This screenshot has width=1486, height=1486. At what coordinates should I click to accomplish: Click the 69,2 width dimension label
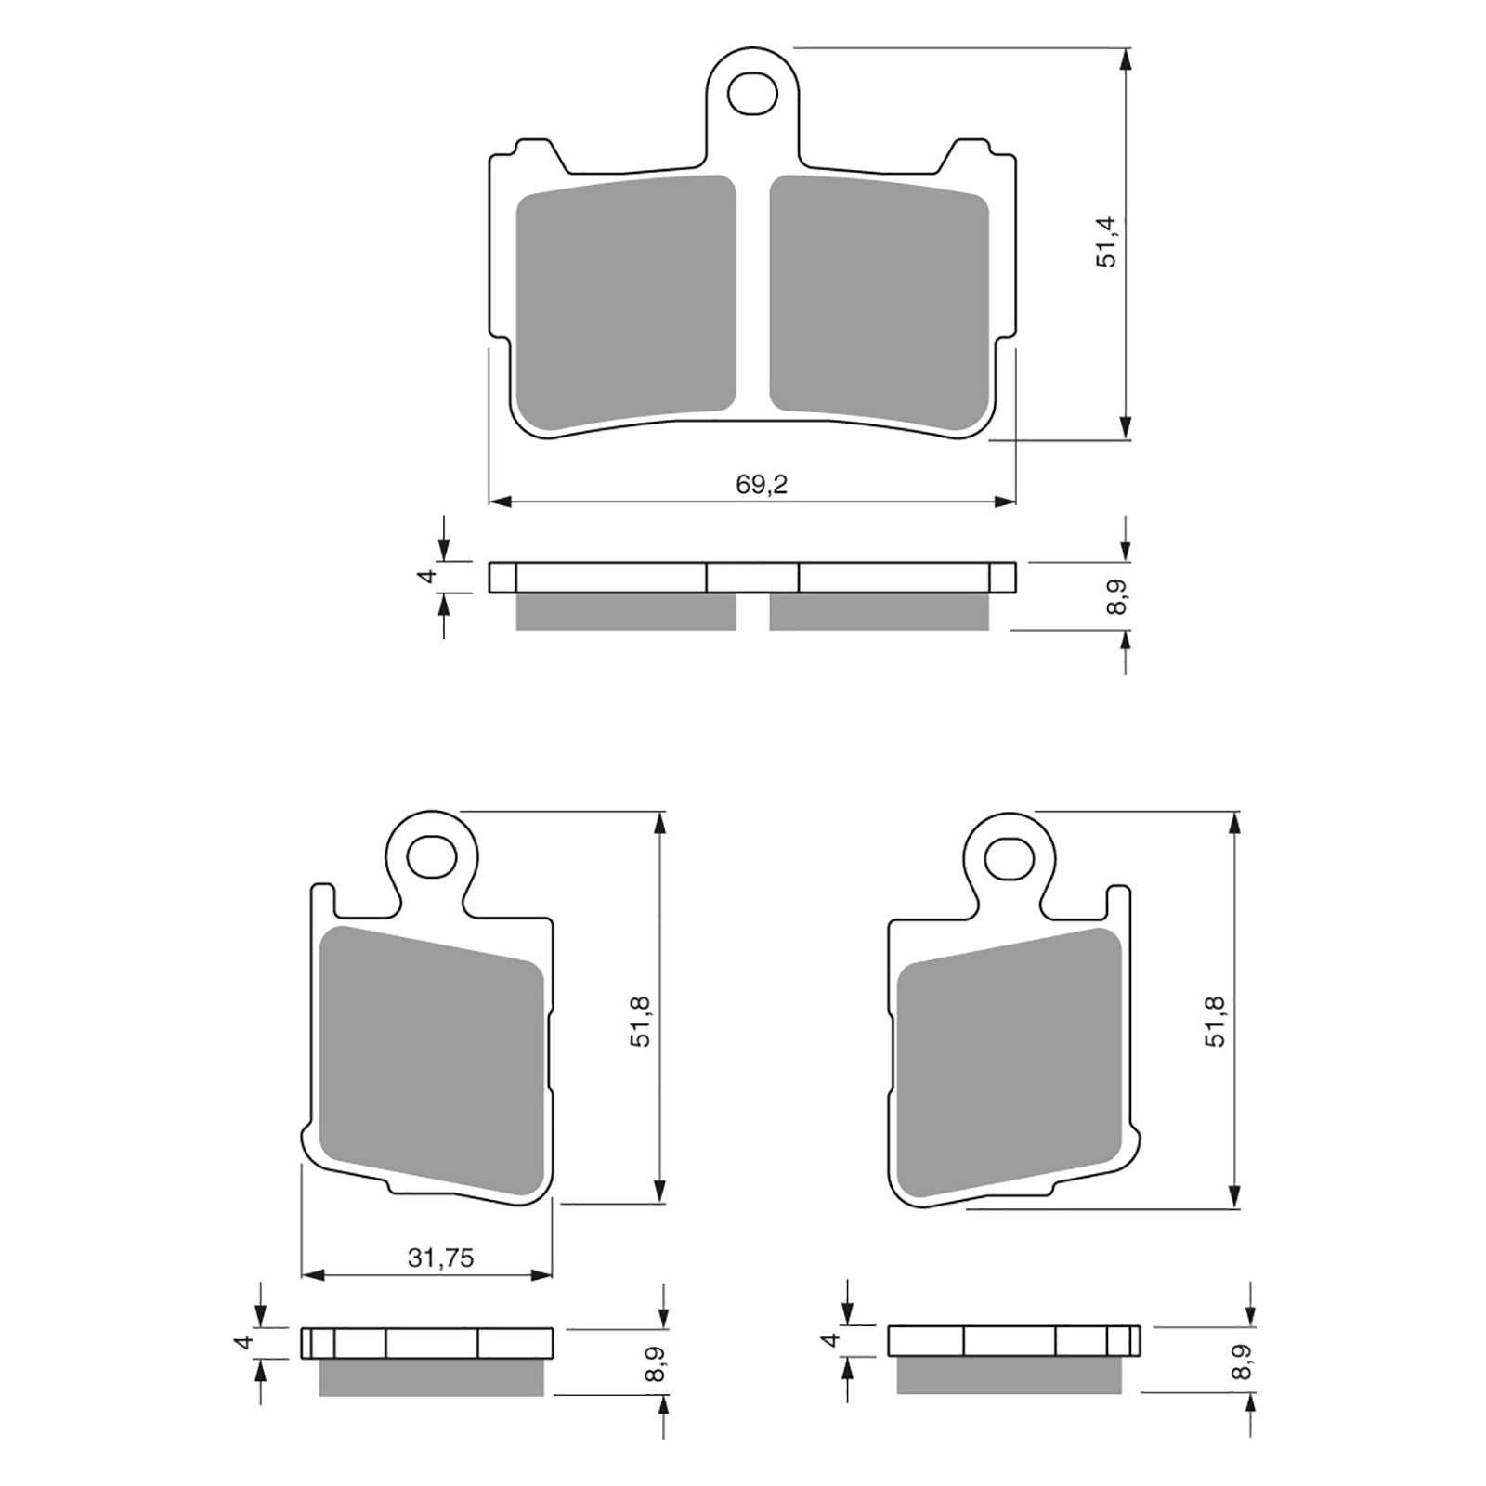point(762,484)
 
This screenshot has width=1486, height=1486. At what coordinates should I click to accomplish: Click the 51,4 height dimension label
point(1107,241)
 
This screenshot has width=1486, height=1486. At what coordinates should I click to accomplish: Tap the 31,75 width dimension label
point(440,1258)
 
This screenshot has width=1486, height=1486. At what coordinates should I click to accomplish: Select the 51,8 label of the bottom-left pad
point(641,1021)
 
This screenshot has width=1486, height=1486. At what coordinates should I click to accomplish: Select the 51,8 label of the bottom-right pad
point(1216,1021)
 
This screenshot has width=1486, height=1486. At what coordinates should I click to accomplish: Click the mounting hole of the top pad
point(752,92)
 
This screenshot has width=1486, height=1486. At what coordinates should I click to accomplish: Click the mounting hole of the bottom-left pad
point(433,855)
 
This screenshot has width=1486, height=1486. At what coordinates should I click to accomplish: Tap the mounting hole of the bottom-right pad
point(1010,856)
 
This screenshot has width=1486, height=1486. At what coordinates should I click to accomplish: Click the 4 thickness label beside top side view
point(428,576)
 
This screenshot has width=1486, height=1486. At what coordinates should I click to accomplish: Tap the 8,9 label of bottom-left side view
point(657,1362)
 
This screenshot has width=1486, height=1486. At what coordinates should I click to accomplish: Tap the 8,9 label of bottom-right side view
point(1243,1362)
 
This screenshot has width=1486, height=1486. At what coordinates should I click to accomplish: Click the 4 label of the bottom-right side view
point(832,1339)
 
